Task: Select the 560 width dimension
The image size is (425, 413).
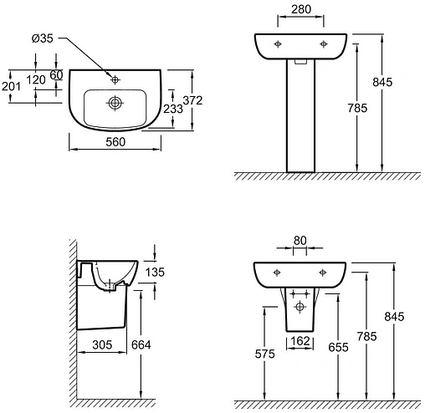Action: pyautogui.click(x=115, y=143)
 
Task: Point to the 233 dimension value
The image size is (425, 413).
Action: pyautogui.click(x=173, y=108)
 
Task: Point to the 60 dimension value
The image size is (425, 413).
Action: pyautogui.click(x=56, y=75)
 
